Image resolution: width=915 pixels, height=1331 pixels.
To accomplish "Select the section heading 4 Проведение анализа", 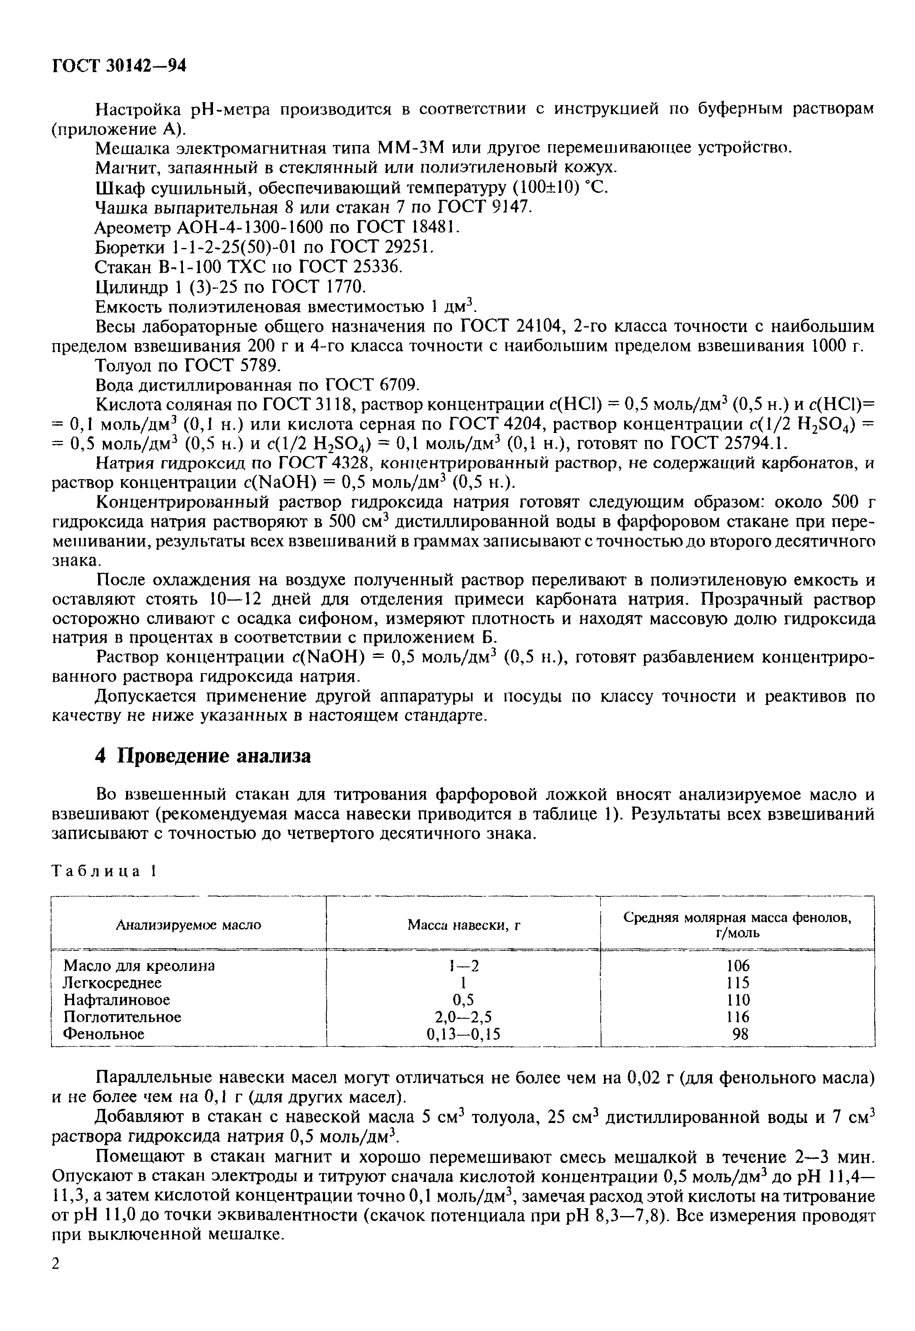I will [203, 756].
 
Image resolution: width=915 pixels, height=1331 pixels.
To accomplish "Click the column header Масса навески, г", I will [463, 924].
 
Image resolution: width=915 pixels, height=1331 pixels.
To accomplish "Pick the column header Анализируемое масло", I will [189, 924].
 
